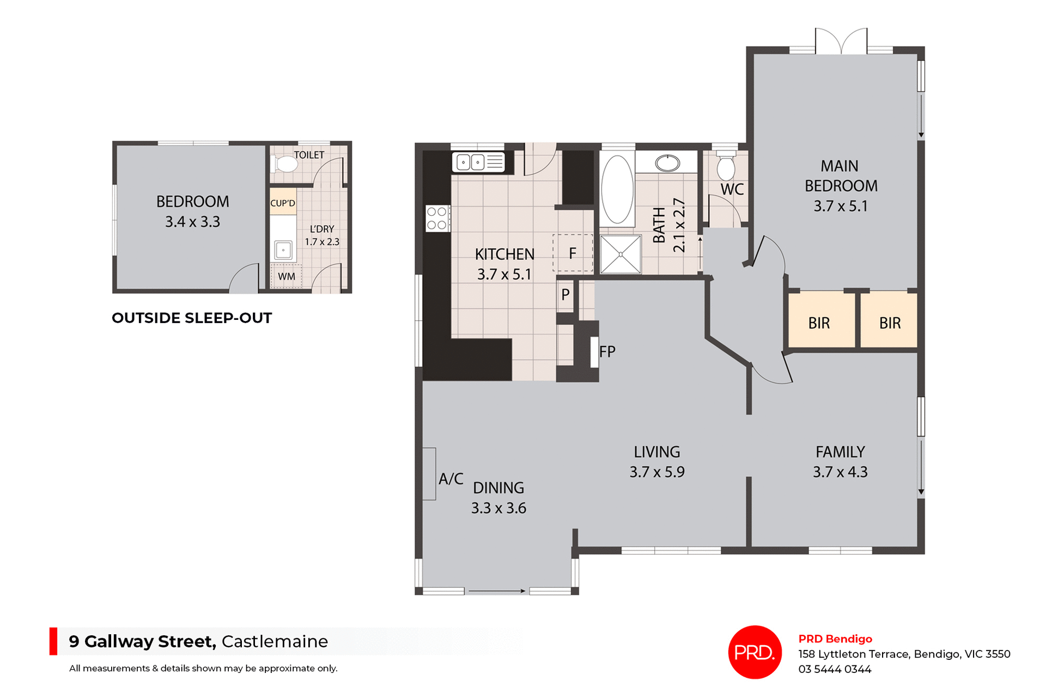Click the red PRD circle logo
pos(755,652)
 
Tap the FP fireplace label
pos(607,351)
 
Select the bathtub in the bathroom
pos(617,189)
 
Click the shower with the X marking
pos(621,254)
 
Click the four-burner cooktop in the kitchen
pos(437,218)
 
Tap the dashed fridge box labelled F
pos(573,253)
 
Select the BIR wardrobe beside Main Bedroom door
pos(819,323)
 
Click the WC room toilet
pos(726,167)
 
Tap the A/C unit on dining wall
pos(429,474)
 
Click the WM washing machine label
pos(287,276)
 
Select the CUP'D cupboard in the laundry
pos(283,203)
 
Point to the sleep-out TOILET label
pos(309,155)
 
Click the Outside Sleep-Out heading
pos(192,318)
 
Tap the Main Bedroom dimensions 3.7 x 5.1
pos(840,206)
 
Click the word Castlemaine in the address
pos(275,641)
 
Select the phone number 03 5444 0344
pos(835,669)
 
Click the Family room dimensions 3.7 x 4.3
pos(840,472)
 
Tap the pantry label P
pos(565,295)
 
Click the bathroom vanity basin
pos(667,162)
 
